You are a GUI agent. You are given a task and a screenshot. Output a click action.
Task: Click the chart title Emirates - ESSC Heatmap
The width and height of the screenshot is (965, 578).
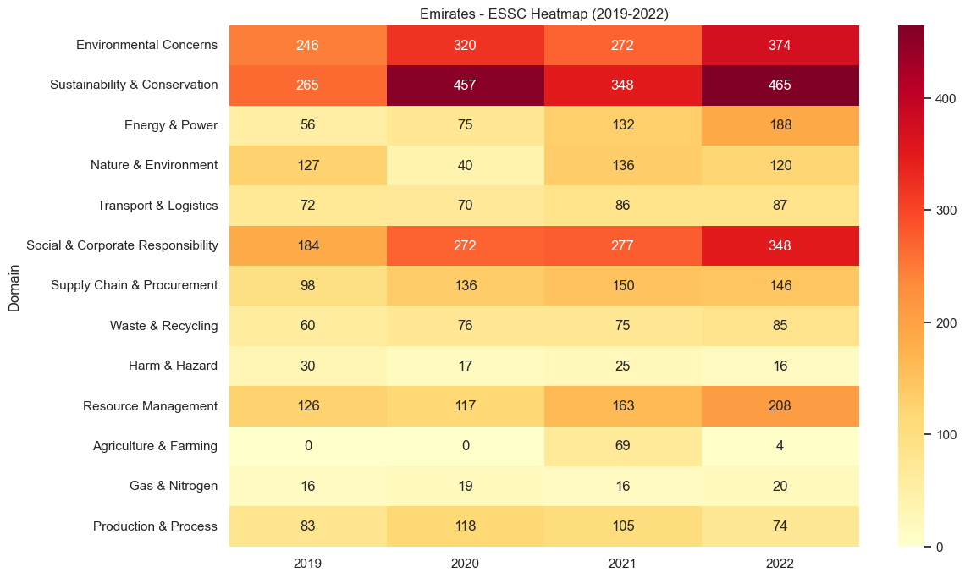click(543, 13)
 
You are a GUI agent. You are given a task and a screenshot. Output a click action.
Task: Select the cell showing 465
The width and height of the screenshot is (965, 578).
click(780, 85)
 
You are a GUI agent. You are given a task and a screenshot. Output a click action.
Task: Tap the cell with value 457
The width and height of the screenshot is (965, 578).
click(465, 85)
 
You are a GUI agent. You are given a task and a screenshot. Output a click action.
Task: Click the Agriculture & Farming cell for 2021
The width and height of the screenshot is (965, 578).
click(622, 446)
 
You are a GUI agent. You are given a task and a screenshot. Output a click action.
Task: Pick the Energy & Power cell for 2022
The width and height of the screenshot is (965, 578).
click(780, 125)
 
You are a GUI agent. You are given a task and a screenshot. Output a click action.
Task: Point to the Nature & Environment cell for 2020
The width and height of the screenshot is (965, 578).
click(465, 165)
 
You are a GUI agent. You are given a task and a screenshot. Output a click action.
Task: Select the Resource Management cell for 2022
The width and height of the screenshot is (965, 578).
click(780, 406)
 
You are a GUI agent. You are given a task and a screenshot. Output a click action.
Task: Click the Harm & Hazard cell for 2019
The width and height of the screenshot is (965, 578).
click(307, 366)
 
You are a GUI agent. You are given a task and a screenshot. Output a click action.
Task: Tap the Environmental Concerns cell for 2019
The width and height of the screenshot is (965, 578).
click(307, 45)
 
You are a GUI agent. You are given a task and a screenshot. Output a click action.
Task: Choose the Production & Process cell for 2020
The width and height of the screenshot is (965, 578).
click(465, 526)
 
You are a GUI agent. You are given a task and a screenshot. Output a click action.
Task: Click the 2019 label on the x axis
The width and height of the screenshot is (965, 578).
click(307, 562)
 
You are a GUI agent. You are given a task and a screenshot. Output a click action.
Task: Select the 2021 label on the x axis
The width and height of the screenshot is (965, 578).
click(622, 562)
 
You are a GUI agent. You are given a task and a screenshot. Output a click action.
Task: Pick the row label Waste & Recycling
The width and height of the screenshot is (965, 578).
click(163, 326)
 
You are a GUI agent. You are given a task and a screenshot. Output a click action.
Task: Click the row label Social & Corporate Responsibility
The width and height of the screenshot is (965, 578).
click(122, 245)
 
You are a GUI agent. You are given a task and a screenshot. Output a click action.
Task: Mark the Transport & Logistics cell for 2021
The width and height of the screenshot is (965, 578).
click(622, 206)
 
